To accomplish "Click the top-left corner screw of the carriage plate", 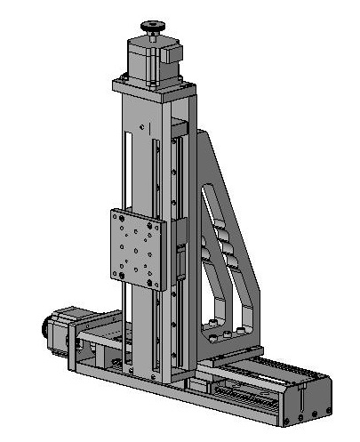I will coord(116,214).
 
